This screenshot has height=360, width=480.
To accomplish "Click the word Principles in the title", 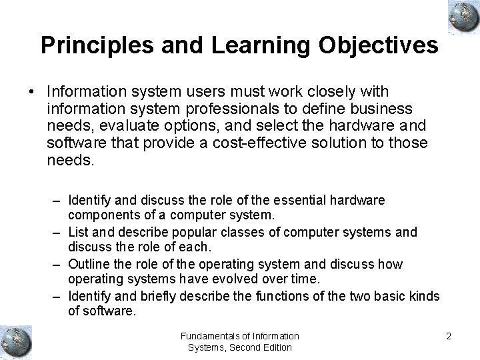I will tap(89, 45).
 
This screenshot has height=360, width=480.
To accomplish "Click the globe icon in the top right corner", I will tap(459, 16).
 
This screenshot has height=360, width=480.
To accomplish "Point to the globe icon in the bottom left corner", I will tap(17, 340).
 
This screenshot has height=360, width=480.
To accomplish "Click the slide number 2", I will tap(449, 336).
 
